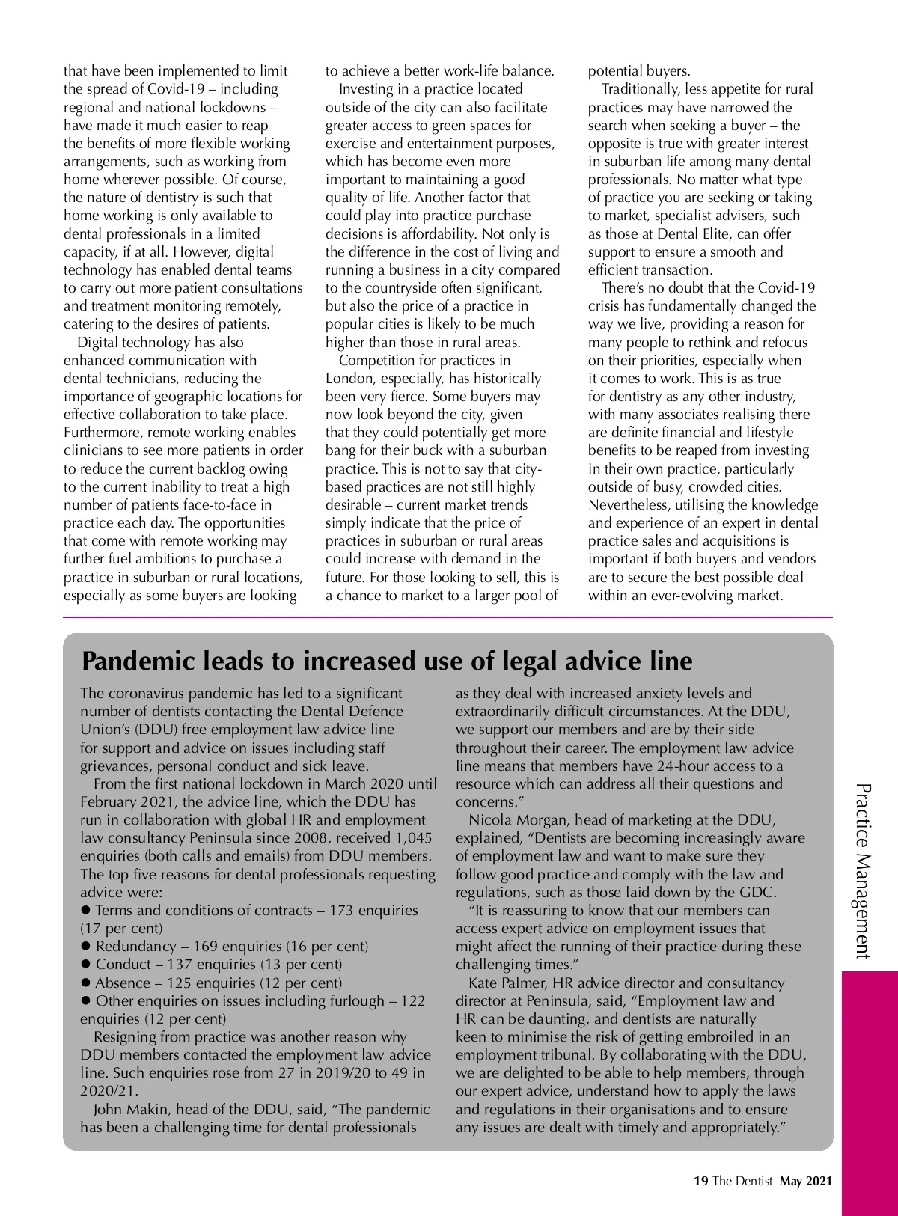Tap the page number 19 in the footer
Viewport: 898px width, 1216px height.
point(700,1181)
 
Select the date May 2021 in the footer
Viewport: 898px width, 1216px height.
point(805,1181)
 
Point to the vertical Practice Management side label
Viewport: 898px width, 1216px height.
point(863,871)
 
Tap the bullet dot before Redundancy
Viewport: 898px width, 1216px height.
point(86,946)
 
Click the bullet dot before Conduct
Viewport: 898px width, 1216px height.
point(86,964)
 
